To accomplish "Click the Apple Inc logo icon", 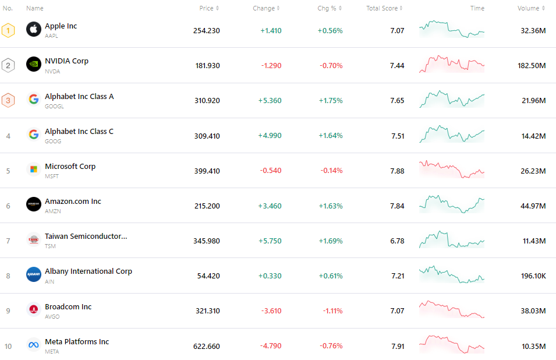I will click(34, 29).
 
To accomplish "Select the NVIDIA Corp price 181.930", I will click(207, 65).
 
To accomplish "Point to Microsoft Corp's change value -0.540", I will click(270, 171).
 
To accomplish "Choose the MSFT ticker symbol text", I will click(52, 176).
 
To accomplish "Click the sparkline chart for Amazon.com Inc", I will click(451, 204).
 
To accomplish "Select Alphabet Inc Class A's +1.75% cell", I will click(330, 101).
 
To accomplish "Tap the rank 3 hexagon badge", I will click(8, 100).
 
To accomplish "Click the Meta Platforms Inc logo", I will click(34, 345).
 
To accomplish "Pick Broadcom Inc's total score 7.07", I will click(397, 311).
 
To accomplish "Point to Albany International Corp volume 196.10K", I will click(533, 276).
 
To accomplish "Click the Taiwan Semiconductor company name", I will click(86, 237).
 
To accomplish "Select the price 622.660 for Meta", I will click(206, 346).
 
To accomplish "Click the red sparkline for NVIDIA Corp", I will click(451, 64).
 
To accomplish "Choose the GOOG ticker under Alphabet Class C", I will click(52, 141).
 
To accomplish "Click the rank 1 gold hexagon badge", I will click(8, 30).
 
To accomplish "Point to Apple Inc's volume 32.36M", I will click(533, 30).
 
